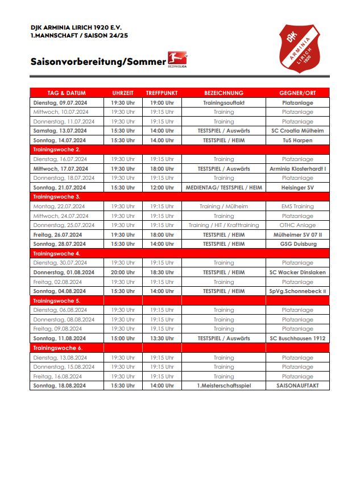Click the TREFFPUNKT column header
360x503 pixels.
(x=162, y=93)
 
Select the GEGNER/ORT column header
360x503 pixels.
(x=297, y=93)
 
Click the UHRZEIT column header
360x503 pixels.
(x=123, y=93)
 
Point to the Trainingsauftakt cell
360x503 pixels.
(x=224, y=103)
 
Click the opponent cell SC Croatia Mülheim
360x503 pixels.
(x=297, y=131)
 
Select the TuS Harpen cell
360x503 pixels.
(x=297, y=140)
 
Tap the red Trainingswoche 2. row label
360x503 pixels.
(x=57, y=150)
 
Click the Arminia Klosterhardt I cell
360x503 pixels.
(x=297, y=168)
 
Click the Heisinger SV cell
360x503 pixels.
(x=297, y=187)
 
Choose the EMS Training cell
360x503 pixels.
(x=297, y=207)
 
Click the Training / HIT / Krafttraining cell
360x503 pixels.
(x=224, y=225)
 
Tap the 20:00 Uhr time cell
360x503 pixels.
(x=123, y=273)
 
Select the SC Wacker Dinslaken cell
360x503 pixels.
(x=297, y=273)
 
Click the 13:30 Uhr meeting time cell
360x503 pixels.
(x=162, y=338)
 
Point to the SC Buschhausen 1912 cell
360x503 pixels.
(x=297, y=338)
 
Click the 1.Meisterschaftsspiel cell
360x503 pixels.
(x=224, y=386)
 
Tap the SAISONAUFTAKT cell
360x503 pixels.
(x=297, y=386)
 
